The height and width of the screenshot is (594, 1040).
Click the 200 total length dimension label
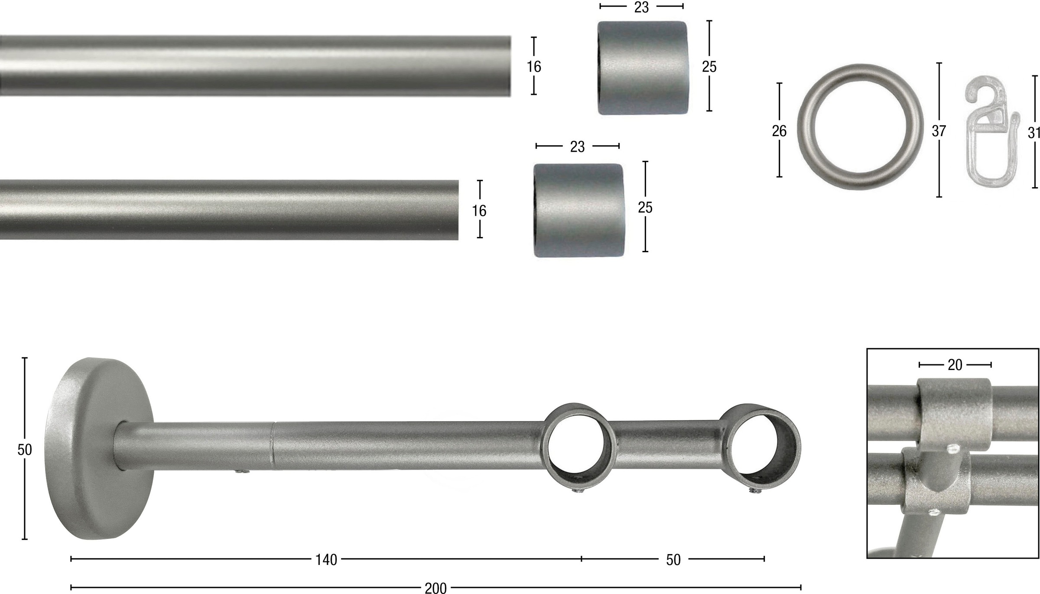pyautogui.click(x=435, y=588)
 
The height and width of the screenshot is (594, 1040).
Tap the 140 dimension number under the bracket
pyautogui.click(x=326, y=560)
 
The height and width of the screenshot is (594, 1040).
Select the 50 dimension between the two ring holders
pyautogui.click(x=673, y=560)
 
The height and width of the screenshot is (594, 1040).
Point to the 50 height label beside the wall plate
pyautogui.click(x=25, y=450)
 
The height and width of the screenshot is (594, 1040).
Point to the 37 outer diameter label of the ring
pyautogui.click(x=939, y=130)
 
